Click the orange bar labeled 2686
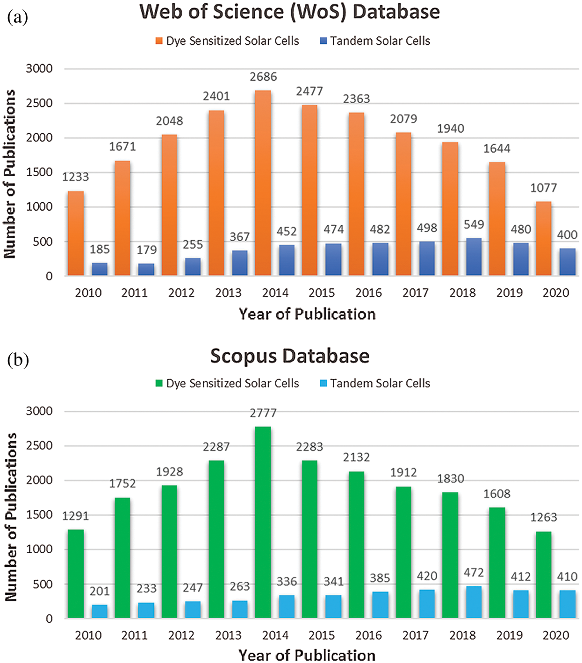pyautogui.click(x=263, y=182)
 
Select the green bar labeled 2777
pyautogui.click(x=263, y=522)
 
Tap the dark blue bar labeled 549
pyautogui.click(x=474, y=257)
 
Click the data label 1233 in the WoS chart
pyautogui.click(x=75, y=177)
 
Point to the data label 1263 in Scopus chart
pyautogui.click(x=543, y=518)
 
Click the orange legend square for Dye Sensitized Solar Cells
pyautogui.click(x=159, y=41)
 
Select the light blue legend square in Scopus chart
pyautogui.click(x=323, y=384)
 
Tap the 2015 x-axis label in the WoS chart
pyautogui.click(x=322, y=293)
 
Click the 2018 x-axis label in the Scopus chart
pyautogui.click(x=462, y=635)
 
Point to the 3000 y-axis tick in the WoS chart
pyautogui.click(x=39, y=69)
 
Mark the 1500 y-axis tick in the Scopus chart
pyautogui.click(x=39, y=515)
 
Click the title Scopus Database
pyautogui.click(x=290, y=356)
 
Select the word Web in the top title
pyautogui.click(x=161, y=12)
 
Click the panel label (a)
pyautogui.click(x=18, y=17)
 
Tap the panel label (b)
pyautogui.click(x=18, y=360)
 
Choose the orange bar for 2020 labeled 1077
pyautogui.click(x=544, y=238)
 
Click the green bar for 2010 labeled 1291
pyautogui.click(x=76, y=574)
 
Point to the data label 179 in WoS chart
pyautogui.click(x=146, y=250)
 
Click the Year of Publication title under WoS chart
pyautogui.click(x=307, y=314)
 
